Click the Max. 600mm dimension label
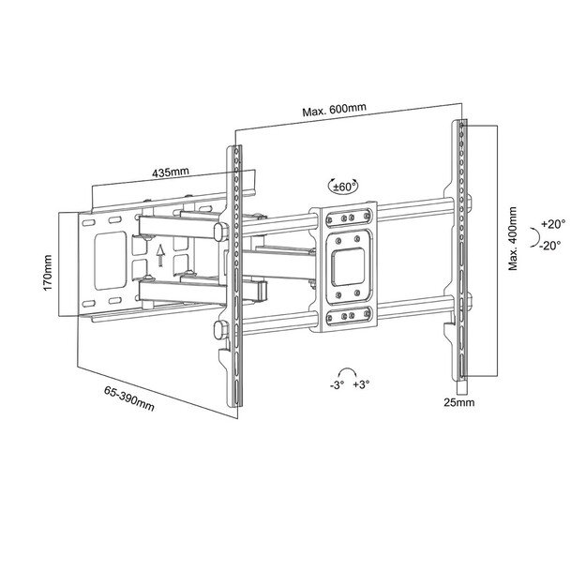coord(333,112)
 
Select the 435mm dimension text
coord(170,173)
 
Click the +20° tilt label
coord(554,225)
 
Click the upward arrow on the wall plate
coord(160,251)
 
